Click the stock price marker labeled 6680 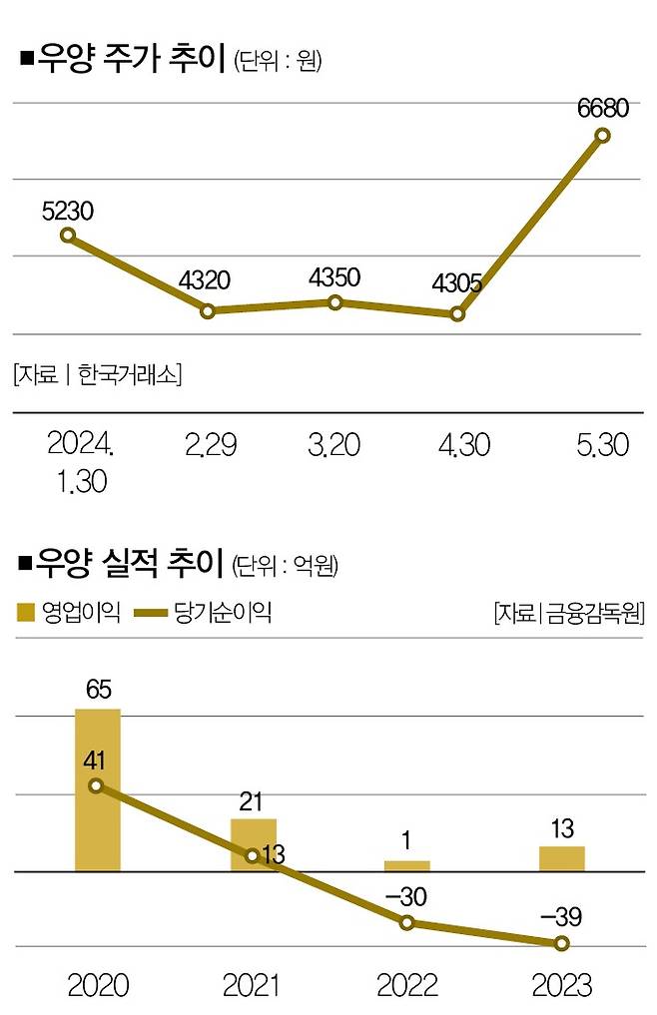pos(602,141)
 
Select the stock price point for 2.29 pos(208,311)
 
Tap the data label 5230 pos(68,212)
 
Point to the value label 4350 pos(334,277)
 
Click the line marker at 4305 pos(457,313)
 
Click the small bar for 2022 pos(407,865)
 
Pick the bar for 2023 pos(562,857)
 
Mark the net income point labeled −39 pos(562,942)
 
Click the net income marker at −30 pos(407,923)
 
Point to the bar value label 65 pos(98,690)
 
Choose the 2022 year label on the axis pos(407,986)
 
